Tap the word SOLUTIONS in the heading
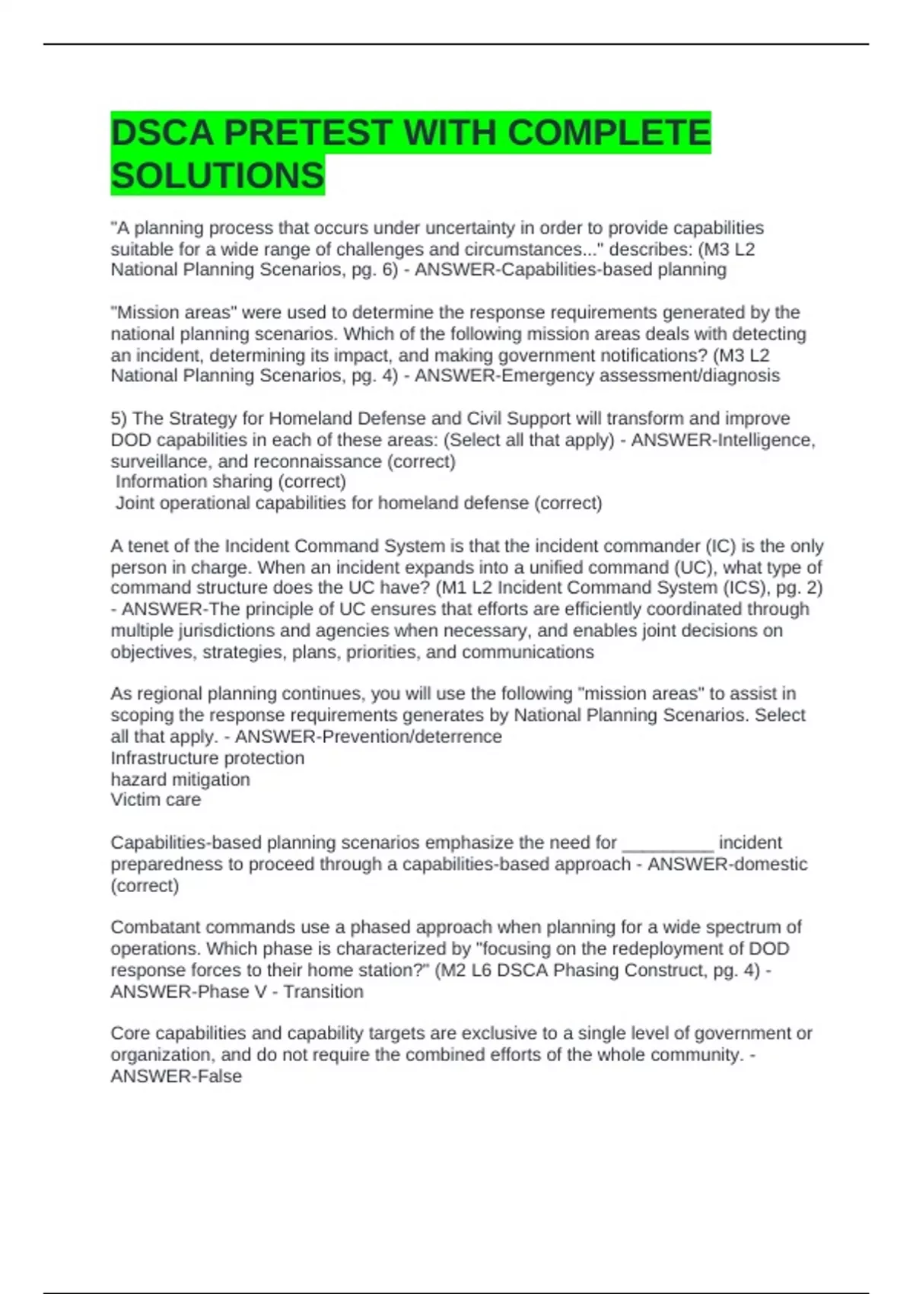pos(218,176)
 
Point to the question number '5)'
pos(119,419)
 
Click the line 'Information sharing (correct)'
pos(231,482)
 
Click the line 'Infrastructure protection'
pos(207,758)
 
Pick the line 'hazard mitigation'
pos(180,779)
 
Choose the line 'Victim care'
pos(156,800)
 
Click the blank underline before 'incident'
pos(668,843)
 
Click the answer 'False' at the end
pos(220,1076)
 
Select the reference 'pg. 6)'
pos(374,269)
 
